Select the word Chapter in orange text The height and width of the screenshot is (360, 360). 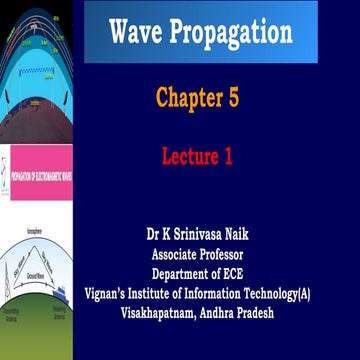coord(190,97)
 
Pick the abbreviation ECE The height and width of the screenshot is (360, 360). coord(245,274)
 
